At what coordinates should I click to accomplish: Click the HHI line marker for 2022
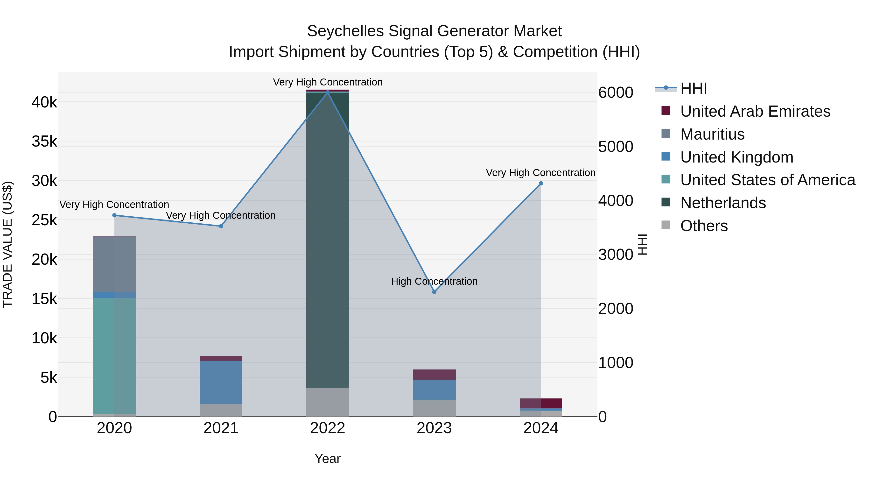click(328, 92)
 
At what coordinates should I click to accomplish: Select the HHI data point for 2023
click(434, 291)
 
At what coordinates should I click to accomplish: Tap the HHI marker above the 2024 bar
click(541, 183)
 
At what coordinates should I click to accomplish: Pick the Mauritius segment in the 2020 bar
click(114, 264)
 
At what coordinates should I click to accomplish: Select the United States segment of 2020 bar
click(114, 356)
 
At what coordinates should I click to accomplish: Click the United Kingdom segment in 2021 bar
click(221, 382)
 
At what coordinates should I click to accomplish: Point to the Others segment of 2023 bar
click(434, 408)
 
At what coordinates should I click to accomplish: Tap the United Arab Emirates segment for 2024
click(541, 403)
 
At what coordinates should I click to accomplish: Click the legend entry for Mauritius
click(712, 134)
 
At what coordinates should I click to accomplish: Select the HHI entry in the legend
click(693, 88)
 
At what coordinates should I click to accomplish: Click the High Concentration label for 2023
click(434, 281)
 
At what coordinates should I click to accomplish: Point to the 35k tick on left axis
click(44, 142)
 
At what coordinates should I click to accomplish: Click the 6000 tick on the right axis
click(616, 92)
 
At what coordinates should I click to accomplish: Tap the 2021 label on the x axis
click(221, 428)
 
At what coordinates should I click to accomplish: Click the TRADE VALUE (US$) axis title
click(7, 244)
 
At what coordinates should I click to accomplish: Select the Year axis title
click(328, 459)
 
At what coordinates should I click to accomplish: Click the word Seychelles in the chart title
click(345, 31)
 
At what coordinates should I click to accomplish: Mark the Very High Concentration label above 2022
click(328, 82)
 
